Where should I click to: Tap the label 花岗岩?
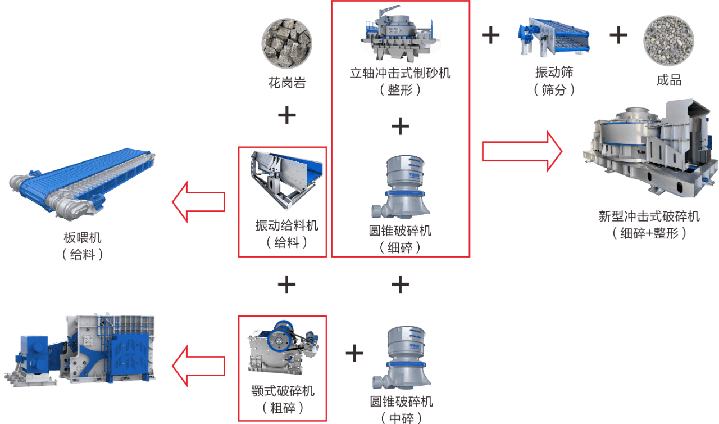pos(286,84)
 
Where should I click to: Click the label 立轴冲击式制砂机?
pos(400,73)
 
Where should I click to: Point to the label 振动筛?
pos(554,73)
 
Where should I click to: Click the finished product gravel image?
pos(668,41)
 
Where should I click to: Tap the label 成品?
pos(668,80)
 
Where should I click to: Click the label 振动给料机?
pos(286,226)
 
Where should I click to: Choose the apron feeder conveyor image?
pos(81,183)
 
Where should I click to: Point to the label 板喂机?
pos(83,238)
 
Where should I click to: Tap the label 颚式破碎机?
pos(283,391)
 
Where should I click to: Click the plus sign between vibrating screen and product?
pos(618,35)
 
